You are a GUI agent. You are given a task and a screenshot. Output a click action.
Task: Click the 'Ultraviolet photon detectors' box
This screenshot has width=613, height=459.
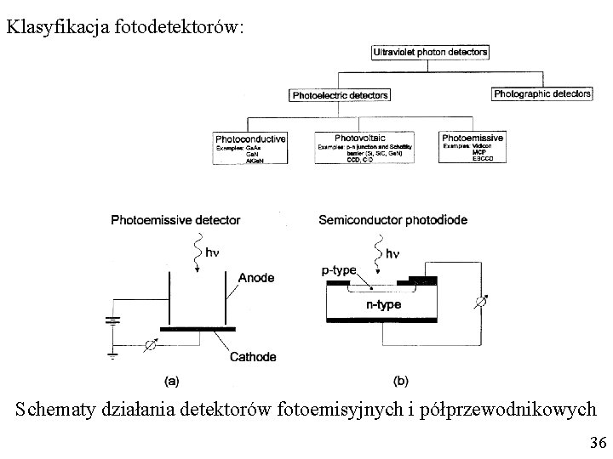pyautogui.click(x=430, y=52)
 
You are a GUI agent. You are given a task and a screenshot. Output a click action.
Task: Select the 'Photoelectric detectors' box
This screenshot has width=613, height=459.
pyautogui.click(x=340, y=95)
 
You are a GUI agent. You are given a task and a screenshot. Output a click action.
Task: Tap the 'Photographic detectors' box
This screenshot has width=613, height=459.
pyautogui.click(x=542, y=93)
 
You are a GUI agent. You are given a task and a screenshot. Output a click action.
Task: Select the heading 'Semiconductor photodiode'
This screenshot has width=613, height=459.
pyautogui.click(x=392, y=220)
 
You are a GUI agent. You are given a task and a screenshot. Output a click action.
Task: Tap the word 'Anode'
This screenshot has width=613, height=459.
pyautogui.click(x=256, y=277)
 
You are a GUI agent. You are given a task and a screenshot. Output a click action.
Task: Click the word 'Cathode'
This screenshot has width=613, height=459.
pyautogui.click(x=253, y=357)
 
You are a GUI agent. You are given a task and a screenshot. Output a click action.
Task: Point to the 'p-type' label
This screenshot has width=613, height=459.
pyautogui.click(x=339, y=269)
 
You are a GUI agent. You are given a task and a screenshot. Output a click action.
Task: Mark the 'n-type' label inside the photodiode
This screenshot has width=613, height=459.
pyautogui.click(x=384, y=303)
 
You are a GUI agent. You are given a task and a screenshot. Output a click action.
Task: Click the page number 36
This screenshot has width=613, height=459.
pyautogui.click(x=597, y=443)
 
